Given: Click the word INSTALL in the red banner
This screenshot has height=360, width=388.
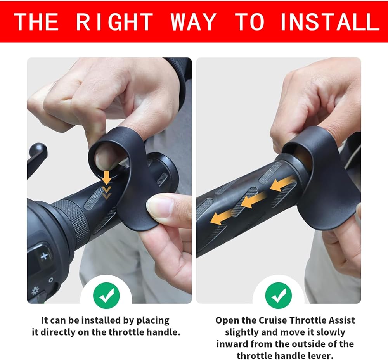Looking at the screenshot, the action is click(x=330, y=22).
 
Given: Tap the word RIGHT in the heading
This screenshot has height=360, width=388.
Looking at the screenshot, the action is click(x=114, y=22).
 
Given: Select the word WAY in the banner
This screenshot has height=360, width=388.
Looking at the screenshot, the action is click(x=194, y=22).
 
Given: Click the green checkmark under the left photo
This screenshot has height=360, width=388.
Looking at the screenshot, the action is click(x=106, y=296).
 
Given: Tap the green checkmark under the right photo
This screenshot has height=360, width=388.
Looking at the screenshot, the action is click(x=278, y=296).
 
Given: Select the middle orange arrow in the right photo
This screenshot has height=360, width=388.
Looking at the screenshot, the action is click(x=253, y=200).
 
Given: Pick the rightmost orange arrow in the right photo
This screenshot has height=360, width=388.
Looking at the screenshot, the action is click(x=282, y=184).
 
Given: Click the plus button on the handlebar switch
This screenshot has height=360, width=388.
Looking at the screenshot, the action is click(x=45, y=256).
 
